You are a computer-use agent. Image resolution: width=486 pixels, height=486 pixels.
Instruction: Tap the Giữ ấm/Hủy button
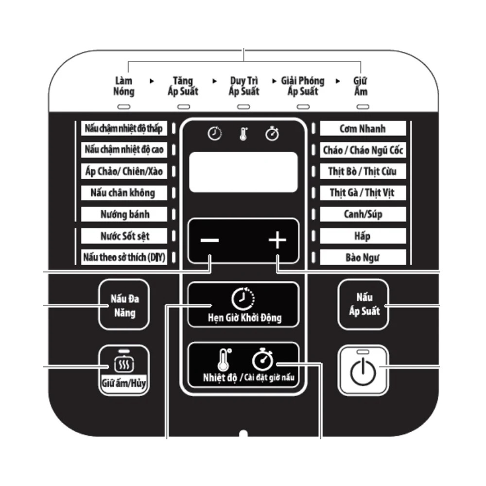coord(124,370)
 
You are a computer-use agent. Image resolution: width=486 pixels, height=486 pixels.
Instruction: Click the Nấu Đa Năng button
coord(124,305)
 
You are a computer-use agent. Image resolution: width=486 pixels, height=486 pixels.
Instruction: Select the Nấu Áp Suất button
coord(363,304)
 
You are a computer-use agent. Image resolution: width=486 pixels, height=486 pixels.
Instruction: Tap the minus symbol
coord(210,240)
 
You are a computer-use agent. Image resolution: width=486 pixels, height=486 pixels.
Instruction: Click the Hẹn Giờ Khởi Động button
coord(243,305)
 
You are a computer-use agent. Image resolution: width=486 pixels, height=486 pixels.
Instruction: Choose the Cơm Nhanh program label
coord(363,128)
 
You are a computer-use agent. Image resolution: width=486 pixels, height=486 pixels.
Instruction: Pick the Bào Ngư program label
coord(363,257)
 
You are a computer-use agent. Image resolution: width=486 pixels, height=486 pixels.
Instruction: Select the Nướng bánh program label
coord(124,214)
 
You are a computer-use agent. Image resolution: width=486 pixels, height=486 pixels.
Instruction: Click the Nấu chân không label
coord(124,193)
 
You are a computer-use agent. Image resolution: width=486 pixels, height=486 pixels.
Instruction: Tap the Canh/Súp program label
coord(363,214)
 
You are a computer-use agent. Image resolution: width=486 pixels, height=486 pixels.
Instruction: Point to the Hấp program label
coord(363,236)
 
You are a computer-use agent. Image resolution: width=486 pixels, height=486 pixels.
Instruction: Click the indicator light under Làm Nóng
coord(123,107)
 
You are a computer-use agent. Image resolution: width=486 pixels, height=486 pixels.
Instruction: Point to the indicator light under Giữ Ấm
coord(363,107)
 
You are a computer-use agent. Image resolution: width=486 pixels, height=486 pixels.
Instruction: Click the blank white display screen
coord(243,172)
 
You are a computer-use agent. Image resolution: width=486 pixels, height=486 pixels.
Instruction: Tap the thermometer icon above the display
coord(243,134)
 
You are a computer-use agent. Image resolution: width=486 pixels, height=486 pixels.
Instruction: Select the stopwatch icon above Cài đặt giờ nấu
coord(262,359)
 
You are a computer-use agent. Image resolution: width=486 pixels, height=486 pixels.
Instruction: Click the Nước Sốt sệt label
coord(124,236)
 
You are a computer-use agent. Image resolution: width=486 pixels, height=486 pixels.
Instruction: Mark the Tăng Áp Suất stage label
coord(183,86)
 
